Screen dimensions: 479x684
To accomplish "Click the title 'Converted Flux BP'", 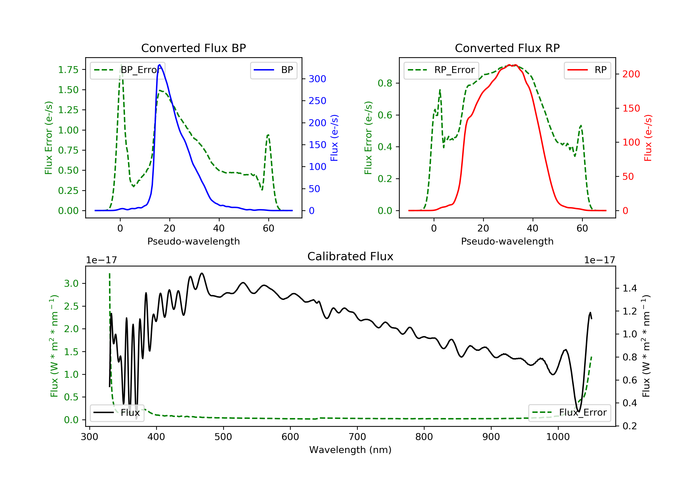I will (193, 48).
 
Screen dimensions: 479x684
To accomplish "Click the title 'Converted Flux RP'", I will (507, 48).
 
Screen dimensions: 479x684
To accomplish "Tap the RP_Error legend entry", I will (441, 70).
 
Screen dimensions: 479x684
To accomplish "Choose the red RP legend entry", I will (587, 70).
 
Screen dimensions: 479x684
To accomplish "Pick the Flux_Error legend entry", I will (569, 413).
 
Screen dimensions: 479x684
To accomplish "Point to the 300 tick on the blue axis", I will (317, 79).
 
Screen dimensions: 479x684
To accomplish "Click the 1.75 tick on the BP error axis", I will (68, 70).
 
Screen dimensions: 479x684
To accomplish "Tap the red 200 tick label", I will (631, 74).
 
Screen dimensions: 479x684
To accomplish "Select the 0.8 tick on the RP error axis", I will (385, 83).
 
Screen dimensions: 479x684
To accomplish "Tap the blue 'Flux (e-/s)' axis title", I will (334, 138).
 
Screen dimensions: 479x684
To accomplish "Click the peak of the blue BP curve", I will (160, 65).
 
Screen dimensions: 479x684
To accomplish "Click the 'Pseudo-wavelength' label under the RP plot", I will (507, 241).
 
